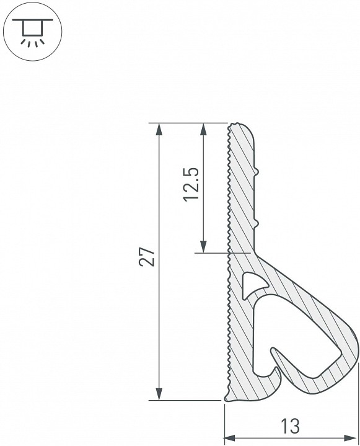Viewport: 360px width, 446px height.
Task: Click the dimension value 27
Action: click(x=147, y=257)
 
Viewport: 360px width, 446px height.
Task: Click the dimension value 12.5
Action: click(x=191, y=185)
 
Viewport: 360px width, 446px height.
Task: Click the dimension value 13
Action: click(x=290, y=426)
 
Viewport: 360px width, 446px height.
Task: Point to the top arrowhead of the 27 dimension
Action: click(x=159, y=130)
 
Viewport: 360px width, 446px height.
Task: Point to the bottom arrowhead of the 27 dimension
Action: click(x=159, y=394)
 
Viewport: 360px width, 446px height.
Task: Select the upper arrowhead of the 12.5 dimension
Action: click(x=203, y=130)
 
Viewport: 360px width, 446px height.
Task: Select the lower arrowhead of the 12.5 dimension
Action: click(x=203, y=246)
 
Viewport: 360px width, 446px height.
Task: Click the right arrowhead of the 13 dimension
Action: click(x=350, y=437)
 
